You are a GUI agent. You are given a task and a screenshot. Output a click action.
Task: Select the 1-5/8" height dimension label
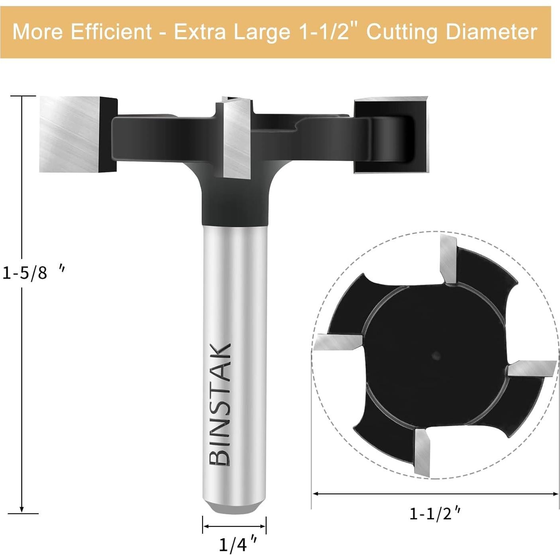pyautogui.click(x=32, y=273)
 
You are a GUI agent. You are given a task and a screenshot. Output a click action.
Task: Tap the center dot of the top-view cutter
pyautogui.click(x=435, y=354)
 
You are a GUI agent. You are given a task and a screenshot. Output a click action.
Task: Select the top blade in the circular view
pyautogui.click(x=448, y=259)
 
